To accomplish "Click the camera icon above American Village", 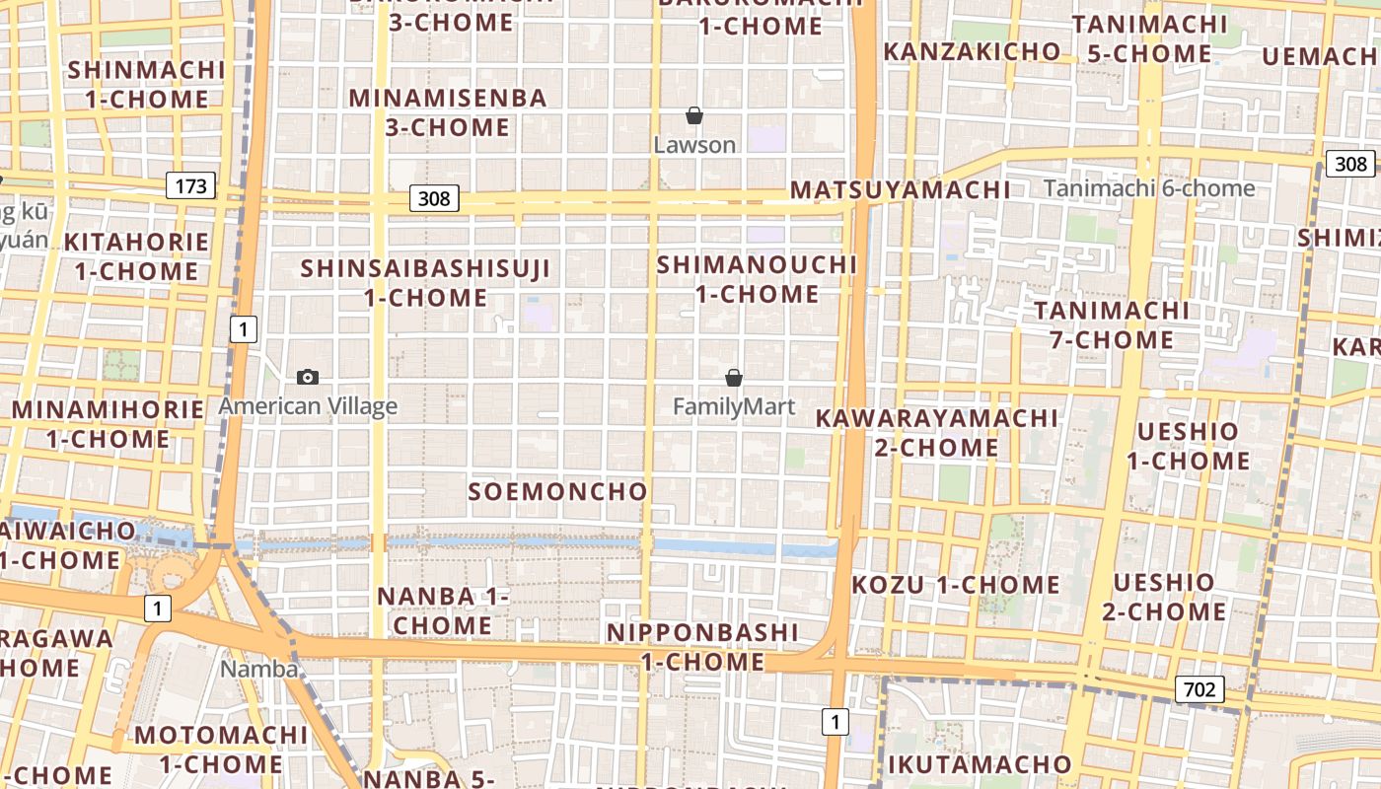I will pyautogui.click(x=308, y=377).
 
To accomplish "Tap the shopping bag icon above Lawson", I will pyautogui.click(x=694, y=116).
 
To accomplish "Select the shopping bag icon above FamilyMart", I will pyautogui.click(x=734, y=378).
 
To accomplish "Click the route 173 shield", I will pyautogui.click(x=190, y=184).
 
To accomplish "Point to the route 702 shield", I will pyautogui.click(x=1199, y=689).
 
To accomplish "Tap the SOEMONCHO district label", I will pyautogui.click(x=557, y=491).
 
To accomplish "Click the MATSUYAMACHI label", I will pyautogui.click(x=901, y=189).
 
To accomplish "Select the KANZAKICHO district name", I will pyautogui.click(x=973, y=51).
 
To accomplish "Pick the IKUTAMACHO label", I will pyautogui.click(x=979, y=763).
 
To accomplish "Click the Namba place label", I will pyautogui.click(x=259, y=669).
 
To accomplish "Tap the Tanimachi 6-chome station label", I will pyautogui.click(x=1149, y=188).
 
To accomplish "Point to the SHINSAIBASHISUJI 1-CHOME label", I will pyautogui.click(x=425, y=282).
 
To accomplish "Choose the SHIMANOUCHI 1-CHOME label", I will pyautogui.click(x=758, y=279).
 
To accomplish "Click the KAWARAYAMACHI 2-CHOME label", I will pyautogui.click(x=936, y=432).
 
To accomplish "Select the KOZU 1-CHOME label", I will pyautogui.click(x=956, y=584).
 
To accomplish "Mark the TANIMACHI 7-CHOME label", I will pyautogui.click(x=1112, y=325).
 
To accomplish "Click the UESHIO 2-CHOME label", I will pyautogui.click(x=1164, y=597).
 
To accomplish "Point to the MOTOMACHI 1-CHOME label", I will pyautogui.click(x=221, y=749).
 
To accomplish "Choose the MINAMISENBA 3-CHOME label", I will pyautogui.click(x=448, y=112).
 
